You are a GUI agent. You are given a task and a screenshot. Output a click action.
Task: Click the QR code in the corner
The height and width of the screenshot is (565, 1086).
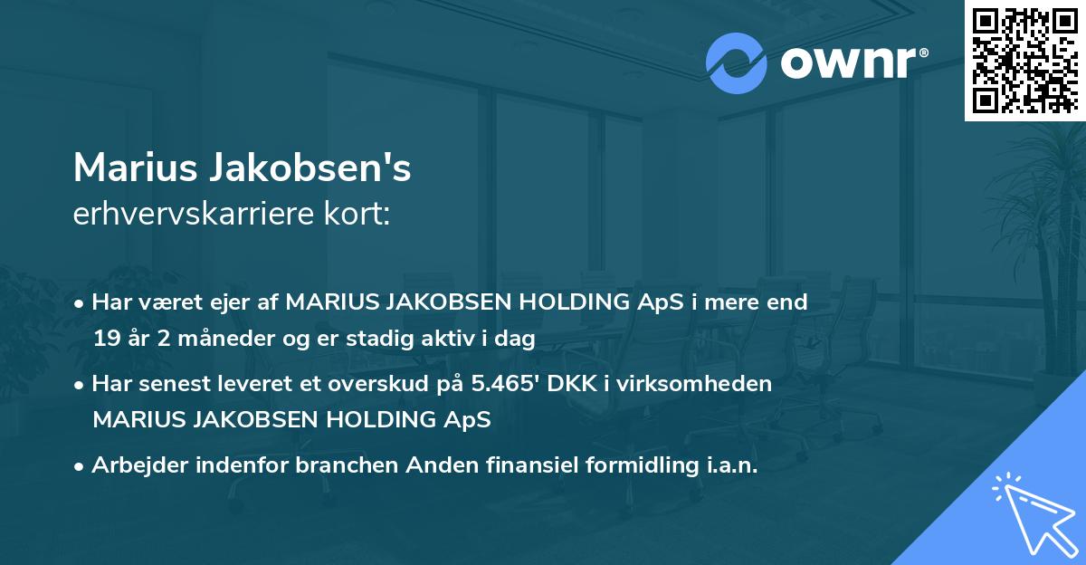coord(1024,60)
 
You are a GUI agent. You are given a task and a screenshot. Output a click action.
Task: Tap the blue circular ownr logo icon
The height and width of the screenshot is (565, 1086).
coord(737,62)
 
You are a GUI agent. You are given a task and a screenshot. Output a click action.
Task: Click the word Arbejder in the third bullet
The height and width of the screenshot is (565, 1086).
coord(135,466)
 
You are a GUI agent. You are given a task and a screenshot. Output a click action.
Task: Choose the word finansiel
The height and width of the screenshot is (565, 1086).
coord(517,466)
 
